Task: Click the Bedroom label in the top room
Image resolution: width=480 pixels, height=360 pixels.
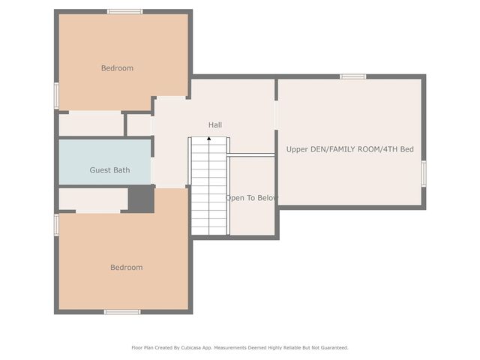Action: pos(117,68)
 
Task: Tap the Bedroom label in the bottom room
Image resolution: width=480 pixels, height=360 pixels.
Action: pos(127,268)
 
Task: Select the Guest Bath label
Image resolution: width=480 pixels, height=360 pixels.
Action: pos(109,170)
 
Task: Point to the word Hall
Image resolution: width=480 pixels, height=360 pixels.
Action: pos(215,125)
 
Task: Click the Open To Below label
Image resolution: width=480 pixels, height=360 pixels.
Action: pos(251,198)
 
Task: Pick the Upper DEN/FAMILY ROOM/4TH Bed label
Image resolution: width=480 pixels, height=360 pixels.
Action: pos(350,149)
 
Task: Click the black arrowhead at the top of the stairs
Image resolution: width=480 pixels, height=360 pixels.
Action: pos(209,139)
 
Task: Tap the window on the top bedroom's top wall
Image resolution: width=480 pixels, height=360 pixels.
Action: pos(125,12)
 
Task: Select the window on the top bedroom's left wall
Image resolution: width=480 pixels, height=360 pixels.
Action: pos(57,95)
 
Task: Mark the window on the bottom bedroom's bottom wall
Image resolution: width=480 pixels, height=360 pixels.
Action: pos(122,312)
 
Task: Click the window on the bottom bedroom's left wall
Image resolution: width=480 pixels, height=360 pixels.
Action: pos(57,225)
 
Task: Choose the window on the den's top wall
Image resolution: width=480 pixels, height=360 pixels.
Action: pos(353,76)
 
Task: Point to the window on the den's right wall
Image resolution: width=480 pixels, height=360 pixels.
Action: pos(424,173)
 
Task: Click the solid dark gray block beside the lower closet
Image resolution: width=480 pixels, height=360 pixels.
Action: pos(141,199)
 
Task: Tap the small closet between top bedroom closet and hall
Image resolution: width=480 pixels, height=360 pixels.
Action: pos(139,125)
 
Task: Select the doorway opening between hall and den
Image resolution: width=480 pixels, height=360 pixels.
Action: pos(276,115)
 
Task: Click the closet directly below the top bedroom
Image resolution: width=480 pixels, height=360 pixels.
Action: pos(91,124)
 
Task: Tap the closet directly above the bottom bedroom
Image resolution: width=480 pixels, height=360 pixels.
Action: pos(93,200)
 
